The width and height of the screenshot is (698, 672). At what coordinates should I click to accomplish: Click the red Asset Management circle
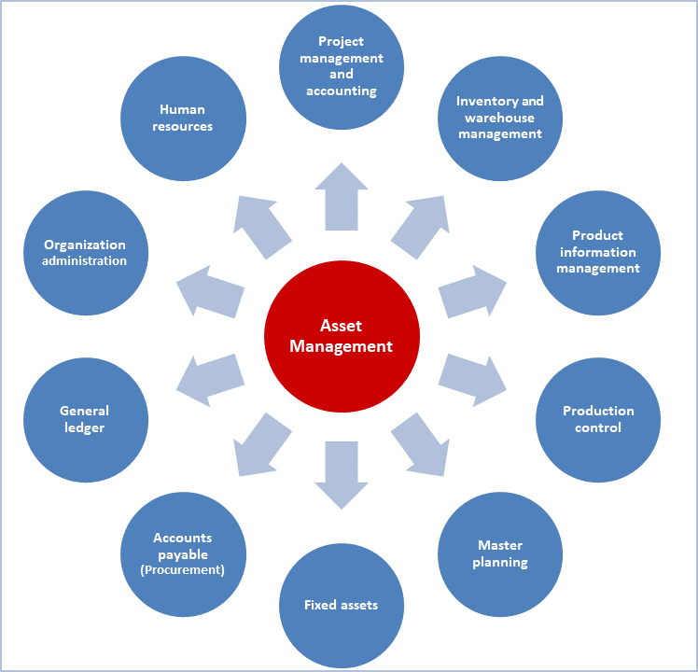tap(342, 337)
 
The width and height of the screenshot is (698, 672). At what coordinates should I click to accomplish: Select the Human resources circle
tap(183, 119)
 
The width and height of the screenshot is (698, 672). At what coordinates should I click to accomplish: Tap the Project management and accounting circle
tap(342, 67)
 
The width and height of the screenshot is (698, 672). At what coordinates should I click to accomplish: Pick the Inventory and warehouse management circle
tap(500, 118)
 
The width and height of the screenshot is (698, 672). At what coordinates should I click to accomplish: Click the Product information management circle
tap(598, 252)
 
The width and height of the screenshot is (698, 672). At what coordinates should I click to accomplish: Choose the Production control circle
tap(598, 419)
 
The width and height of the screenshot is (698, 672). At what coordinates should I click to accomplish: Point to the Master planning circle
tap(500, 553)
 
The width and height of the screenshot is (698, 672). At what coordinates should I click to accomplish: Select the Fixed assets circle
tap(342, 605)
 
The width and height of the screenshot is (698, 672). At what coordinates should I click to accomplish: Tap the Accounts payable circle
tap(183, 553)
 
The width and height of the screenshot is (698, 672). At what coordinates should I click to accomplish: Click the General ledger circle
tap(85, 419)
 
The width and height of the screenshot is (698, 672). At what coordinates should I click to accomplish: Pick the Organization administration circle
tap(85, 253)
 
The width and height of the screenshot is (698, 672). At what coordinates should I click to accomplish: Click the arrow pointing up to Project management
tap(342, 197)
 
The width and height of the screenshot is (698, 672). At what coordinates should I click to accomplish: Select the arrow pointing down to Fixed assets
tap(342, 474)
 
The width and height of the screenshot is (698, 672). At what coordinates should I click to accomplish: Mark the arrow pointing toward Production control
tap(473, 379)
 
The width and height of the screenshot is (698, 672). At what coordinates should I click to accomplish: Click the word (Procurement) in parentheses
tap(183, 570)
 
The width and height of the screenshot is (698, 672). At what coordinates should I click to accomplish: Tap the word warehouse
tap(500, 118)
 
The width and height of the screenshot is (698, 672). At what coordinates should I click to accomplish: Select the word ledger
tap(85, 427)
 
